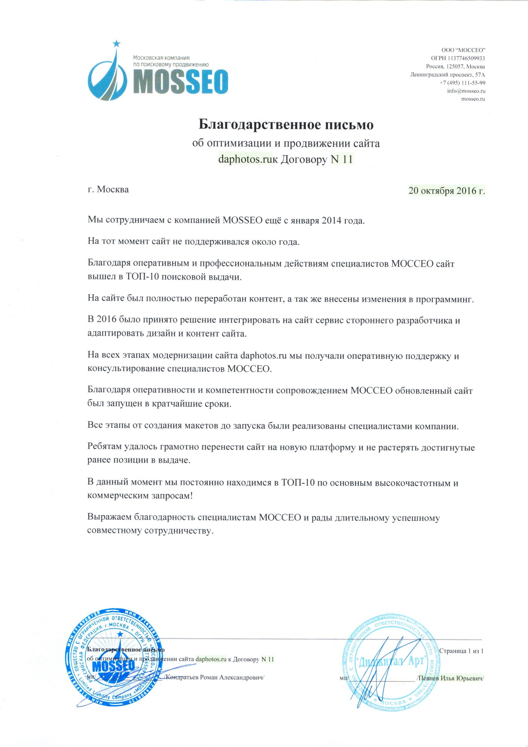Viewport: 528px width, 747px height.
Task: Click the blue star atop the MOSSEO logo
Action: click(x=116, y=43)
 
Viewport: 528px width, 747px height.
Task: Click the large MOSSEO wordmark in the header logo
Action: click(x=180, y=81)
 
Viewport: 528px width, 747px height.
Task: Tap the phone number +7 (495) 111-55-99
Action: click(x=462, y=83)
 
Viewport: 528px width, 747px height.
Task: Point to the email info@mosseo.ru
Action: click(x=466, y=91)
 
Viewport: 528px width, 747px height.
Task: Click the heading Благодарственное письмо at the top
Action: click(x=286, y=124)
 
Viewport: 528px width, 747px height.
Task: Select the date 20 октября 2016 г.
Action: click(x=447, y=190)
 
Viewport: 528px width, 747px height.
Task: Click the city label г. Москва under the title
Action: click(x=108, y=189)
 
